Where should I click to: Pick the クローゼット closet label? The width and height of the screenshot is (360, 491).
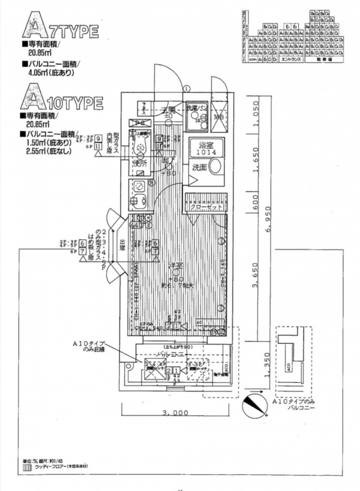pos(205,207)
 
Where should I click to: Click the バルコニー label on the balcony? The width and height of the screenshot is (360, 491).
pos(173,354)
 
